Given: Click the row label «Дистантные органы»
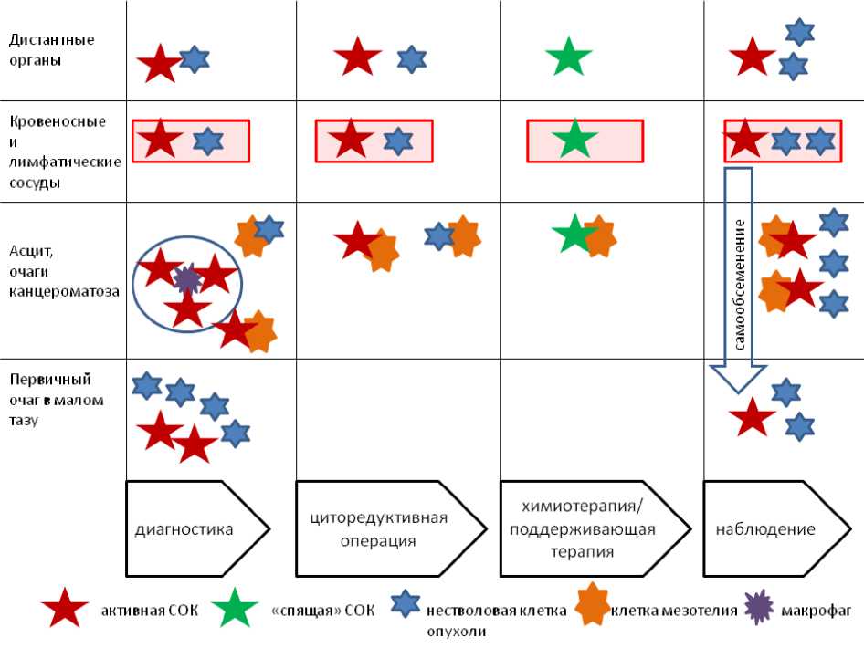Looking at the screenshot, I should click(52, 51).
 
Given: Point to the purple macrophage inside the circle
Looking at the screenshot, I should click(187, 278).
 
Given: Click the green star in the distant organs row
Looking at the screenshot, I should click(568, 57).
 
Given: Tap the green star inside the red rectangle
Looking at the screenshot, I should click(574, 140).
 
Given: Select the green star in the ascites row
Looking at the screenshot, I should click(574, 234).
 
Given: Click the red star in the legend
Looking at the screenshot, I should click(66, 609).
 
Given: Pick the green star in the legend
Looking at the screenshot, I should click(236, 609).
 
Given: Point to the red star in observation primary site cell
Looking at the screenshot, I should click(753, 417).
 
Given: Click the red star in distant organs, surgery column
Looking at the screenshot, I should click(357, 57).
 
